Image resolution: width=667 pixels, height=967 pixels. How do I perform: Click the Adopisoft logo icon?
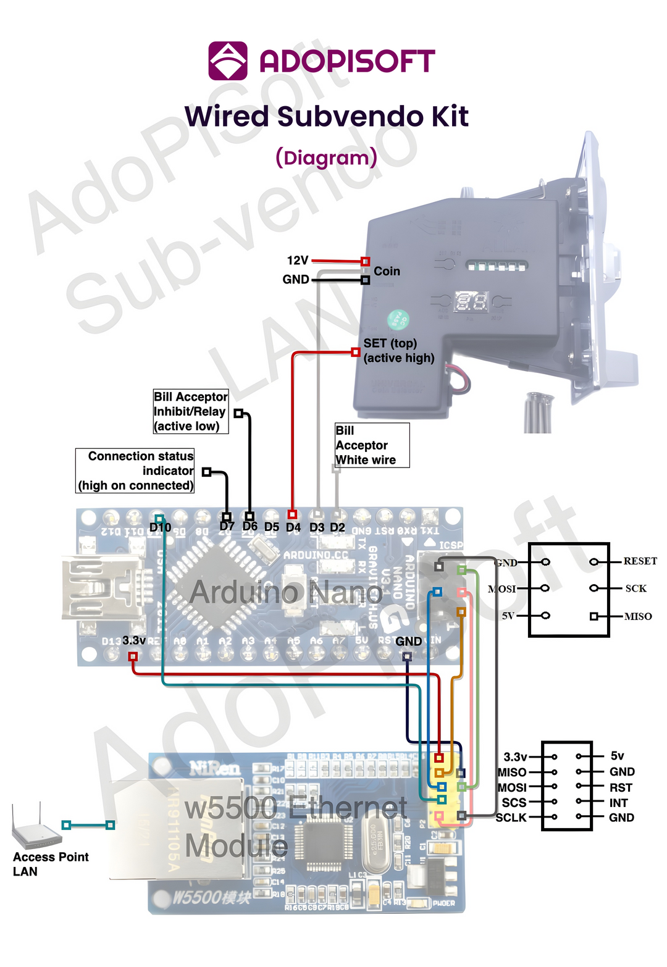click(x=228, y=61)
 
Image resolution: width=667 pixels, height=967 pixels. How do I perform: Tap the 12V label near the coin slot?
click(x=297, y=261)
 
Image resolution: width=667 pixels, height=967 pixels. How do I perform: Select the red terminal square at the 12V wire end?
click(x=365, y=262)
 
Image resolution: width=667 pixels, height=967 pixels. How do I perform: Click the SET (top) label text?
click(x=390, y=343)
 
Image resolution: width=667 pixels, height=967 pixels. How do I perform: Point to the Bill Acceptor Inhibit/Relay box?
click(x=191, y=411)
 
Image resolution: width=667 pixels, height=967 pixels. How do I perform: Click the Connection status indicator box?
click(x=135, y=471)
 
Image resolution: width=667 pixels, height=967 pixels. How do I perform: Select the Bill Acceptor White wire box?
click(x=372, y=445)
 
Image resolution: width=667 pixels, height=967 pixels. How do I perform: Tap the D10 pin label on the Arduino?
click(x=160, y=527)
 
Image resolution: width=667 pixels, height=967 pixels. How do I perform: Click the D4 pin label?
click(x=293, y=527)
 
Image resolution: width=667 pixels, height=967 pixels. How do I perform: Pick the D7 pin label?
click(x=227, y=527)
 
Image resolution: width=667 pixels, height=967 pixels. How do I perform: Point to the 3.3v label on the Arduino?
click(x=134, y=640)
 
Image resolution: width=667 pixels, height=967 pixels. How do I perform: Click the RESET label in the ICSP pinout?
click(x=640, y=561)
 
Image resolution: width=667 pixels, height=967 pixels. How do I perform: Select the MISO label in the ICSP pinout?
click(x=638, y=616)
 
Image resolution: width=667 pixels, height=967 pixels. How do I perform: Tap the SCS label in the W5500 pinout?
click(x=514, y=803)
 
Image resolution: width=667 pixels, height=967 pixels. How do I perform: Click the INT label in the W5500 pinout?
click(x=618, y=803)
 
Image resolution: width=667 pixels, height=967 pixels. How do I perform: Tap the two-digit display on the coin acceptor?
click(x=471, y=302)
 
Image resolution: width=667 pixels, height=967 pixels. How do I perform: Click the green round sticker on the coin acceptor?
click(x=398, y=320)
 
